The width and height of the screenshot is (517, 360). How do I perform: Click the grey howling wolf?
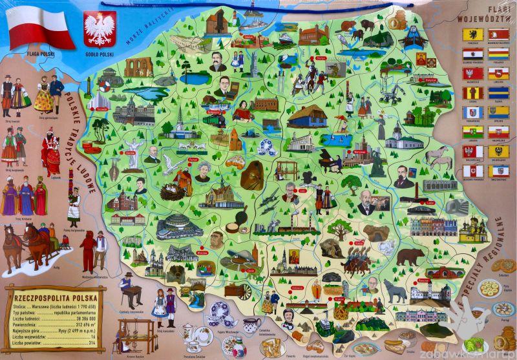[x=396, y=291]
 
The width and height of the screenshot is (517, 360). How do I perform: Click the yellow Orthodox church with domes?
[x=474, y=228]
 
